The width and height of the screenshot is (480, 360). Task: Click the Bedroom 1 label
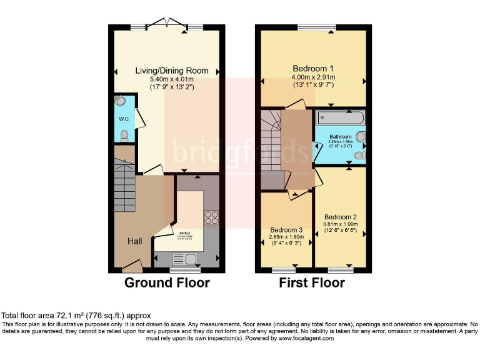click(x=312, y=68)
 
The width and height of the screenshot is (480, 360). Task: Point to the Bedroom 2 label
click(x=340, y=217)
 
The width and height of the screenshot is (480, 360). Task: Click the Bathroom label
click(x=341, y=137)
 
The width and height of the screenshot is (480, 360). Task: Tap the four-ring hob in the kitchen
click(x=211, y=217)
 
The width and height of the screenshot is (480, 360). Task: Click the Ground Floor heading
click(x=167, y=282)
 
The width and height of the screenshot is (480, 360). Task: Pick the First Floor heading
click(x=312, y=282)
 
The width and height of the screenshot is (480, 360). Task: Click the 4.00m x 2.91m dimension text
click(x=312, y=77)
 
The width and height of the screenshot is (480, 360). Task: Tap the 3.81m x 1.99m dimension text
click(x=340, y=225)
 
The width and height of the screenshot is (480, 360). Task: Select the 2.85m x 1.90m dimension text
click(x=286, y=237)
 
